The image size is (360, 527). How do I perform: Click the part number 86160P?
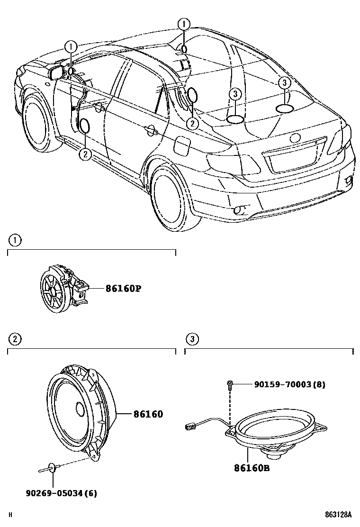[117, 288]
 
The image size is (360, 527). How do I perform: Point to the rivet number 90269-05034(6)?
[61, 493]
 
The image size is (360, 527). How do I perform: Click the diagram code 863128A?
[339, 514]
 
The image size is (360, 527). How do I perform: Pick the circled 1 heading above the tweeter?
[15, 241]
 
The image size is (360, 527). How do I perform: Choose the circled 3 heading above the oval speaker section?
[192, 339]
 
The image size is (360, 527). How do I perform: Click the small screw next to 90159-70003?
[230, 384]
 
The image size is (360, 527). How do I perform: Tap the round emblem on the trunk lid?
[295, 138]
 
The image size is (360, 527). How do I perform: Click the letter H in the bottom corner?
[10, 515]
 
